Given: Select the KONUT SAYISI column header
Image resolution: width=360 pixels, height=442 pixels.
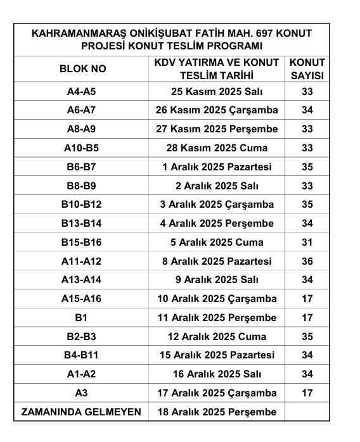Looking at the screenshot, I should coord(307,68).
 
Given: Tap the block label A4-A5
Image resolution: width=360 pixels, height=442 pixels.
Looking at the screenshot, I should coord(81,92).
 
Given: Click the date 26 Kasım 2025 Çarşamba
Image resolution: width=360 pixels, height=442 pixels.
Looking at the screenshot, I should coord(217,110).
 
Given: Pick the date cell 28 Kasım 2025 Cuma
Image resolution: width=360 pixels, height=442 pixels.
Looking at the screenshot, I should coord(217,148).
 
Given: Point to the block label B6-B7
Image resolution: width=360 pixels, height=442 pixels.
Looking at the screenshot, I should coord(81,167).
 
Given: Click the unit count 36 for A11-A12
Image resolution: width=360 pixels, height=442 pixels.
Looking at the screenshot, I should coord(307,261).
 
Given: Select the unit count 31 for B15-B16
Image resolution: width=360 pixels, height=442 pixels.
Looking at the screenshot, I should coord(307,242).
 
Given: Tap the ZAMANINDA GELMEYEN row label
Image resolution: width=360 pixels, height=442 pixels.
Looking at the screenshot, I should coord(81,412).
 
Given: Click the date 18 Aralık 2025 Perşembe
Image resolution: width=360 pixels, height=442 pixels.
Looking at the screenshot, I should coord(217,412).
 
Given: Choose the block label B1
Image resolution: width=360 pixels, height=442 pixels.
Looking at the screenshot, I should coord(81,317).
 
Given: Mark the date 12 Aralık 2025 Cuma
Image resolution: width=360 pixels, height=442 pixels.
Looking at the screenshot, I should coord(217,336).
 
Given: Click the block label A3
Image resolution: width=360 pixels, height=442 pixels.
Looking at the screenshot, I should coord(81,393).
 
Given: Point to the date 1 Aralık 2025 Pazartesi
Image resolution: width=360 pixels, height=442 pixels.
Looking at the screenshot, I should coord(217,167).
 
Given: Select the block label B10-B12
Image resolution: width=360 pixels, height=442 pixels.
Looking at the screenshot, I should coord(81,205).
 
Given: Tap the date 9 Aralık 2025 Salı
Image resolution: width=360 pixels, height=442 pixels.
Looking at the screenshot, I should coord(217,280).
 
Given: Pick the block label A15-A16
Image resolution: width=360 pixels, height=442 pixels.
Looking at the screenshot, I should coord(81,298).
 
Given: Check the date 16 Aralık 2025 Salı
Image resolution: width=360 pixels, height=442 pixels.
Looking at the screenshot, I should coord(217,374).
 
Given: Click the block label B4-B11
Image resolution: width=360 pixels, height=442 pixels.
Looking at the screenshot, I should coord(81,355).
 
